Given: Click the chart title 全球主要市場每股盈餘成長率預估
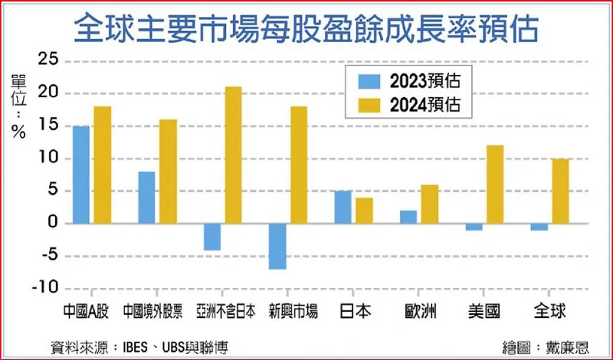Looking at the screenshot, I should pyautogui.click(x=306, y=30).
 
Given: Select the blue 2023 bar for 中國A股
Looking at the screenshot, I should pyautogui.click(x=80, y=175).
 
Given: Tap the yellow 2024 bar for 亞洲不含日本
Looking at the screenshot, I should pyautogui.click(x=233, y=155).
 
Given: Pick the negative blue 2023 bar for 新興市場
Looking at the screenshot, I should pyautogui.click(x=277, y=246).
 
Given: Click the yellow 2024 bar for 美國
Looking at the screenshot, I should pyautogui.click(x=495, y=184).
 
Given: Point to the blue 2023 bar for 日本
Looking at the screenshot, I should pyautogui.click(x=343, y=207).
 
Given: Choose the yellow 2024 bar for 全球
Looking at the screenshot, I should pyautogui.click(x=560, y=191).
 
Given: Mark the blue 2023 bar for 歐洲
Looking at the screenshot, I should pyautogui.click(x=408, y=217).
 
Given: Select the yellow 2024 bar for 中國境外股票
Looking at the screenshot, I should pyautogui.click(x=168, y=171).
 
